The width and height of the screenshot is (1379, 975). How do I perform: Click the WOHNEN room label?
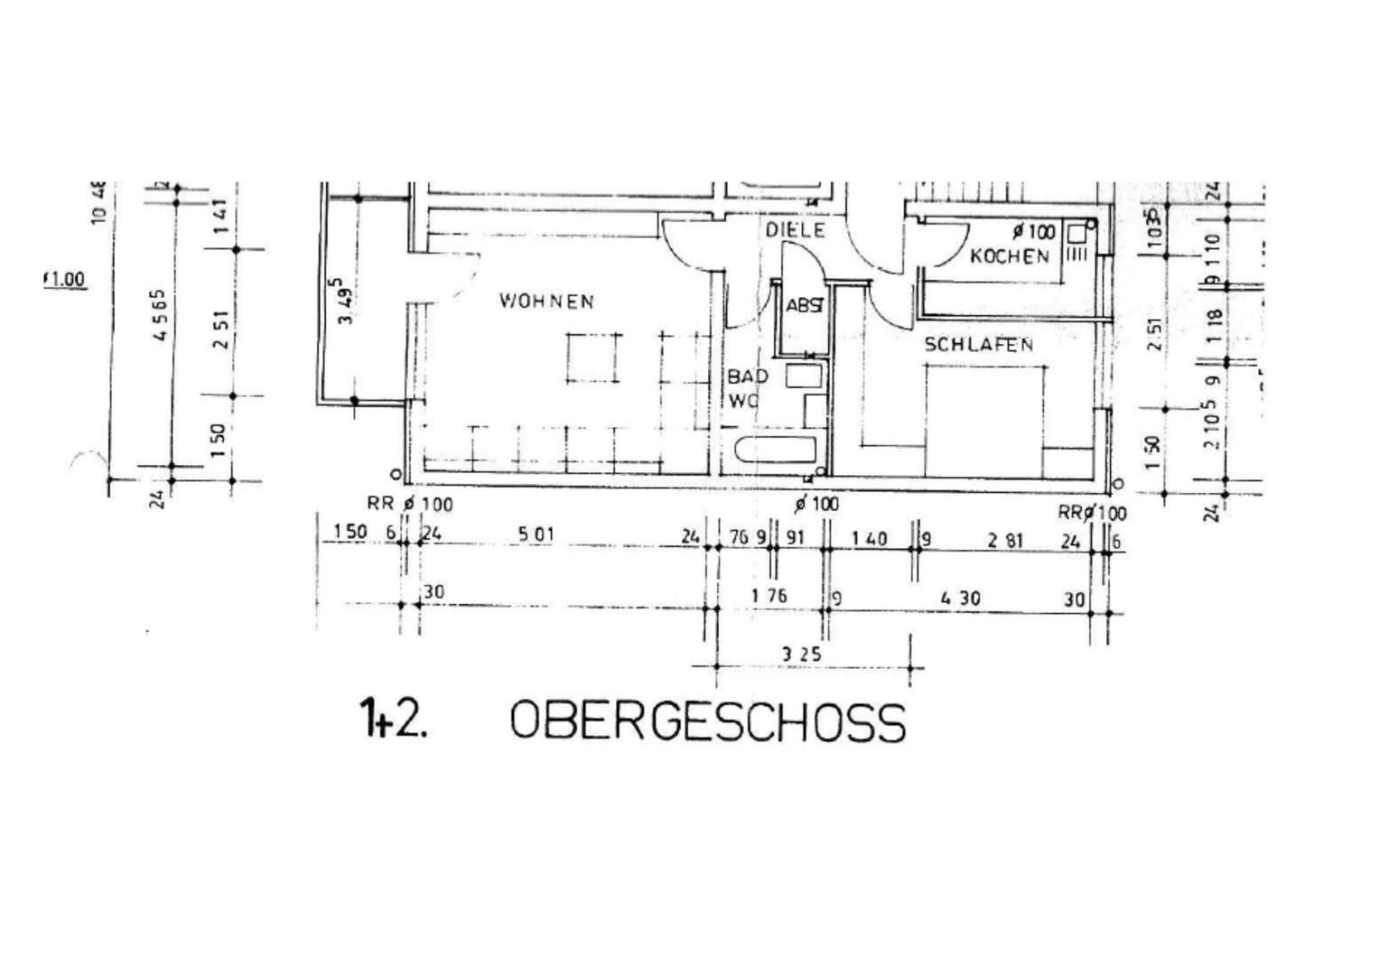[x=546, y=301]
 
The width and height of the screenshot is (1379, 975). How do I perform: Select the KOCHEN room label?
[x=1010, y=256]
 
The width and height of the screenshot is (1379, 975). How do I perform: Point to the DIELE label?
[x=796, y=230]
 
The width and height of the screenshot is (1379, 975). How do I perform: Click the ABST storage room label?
[x=804, y=306]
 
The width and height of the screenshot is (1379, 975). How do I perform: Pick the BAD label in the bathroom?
[x=748, y=376]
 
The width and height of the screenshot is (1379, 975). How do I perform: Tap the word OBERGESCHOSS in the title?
[x=707, y=722]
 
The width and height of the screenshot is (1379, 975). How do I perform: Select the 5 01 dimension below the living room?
[x=536, y=534]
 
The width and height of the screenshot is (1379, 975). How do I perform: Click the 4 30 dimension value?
[x=960, y=598]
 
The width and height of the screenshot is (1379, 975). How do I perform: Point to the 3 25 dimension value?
[x=801, y=654]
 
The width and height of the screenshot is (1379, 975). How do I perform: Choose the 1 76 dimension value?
[x=769, y=596]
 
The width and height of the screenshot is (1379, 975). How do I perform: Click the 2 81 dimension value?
[x=1005, y=541]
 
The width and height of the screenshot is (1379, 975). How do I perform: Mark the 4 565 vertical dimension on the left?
[x=160, y=314]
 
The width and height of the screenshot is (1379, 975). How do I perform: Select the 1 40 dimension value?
[x=869, y=539]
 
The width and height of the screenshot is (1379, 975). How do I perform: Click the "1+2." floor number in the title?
[x=393, y=719]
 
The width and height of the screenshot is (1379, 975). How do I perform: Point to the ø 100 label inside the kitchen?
[x=1033, y=232]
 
